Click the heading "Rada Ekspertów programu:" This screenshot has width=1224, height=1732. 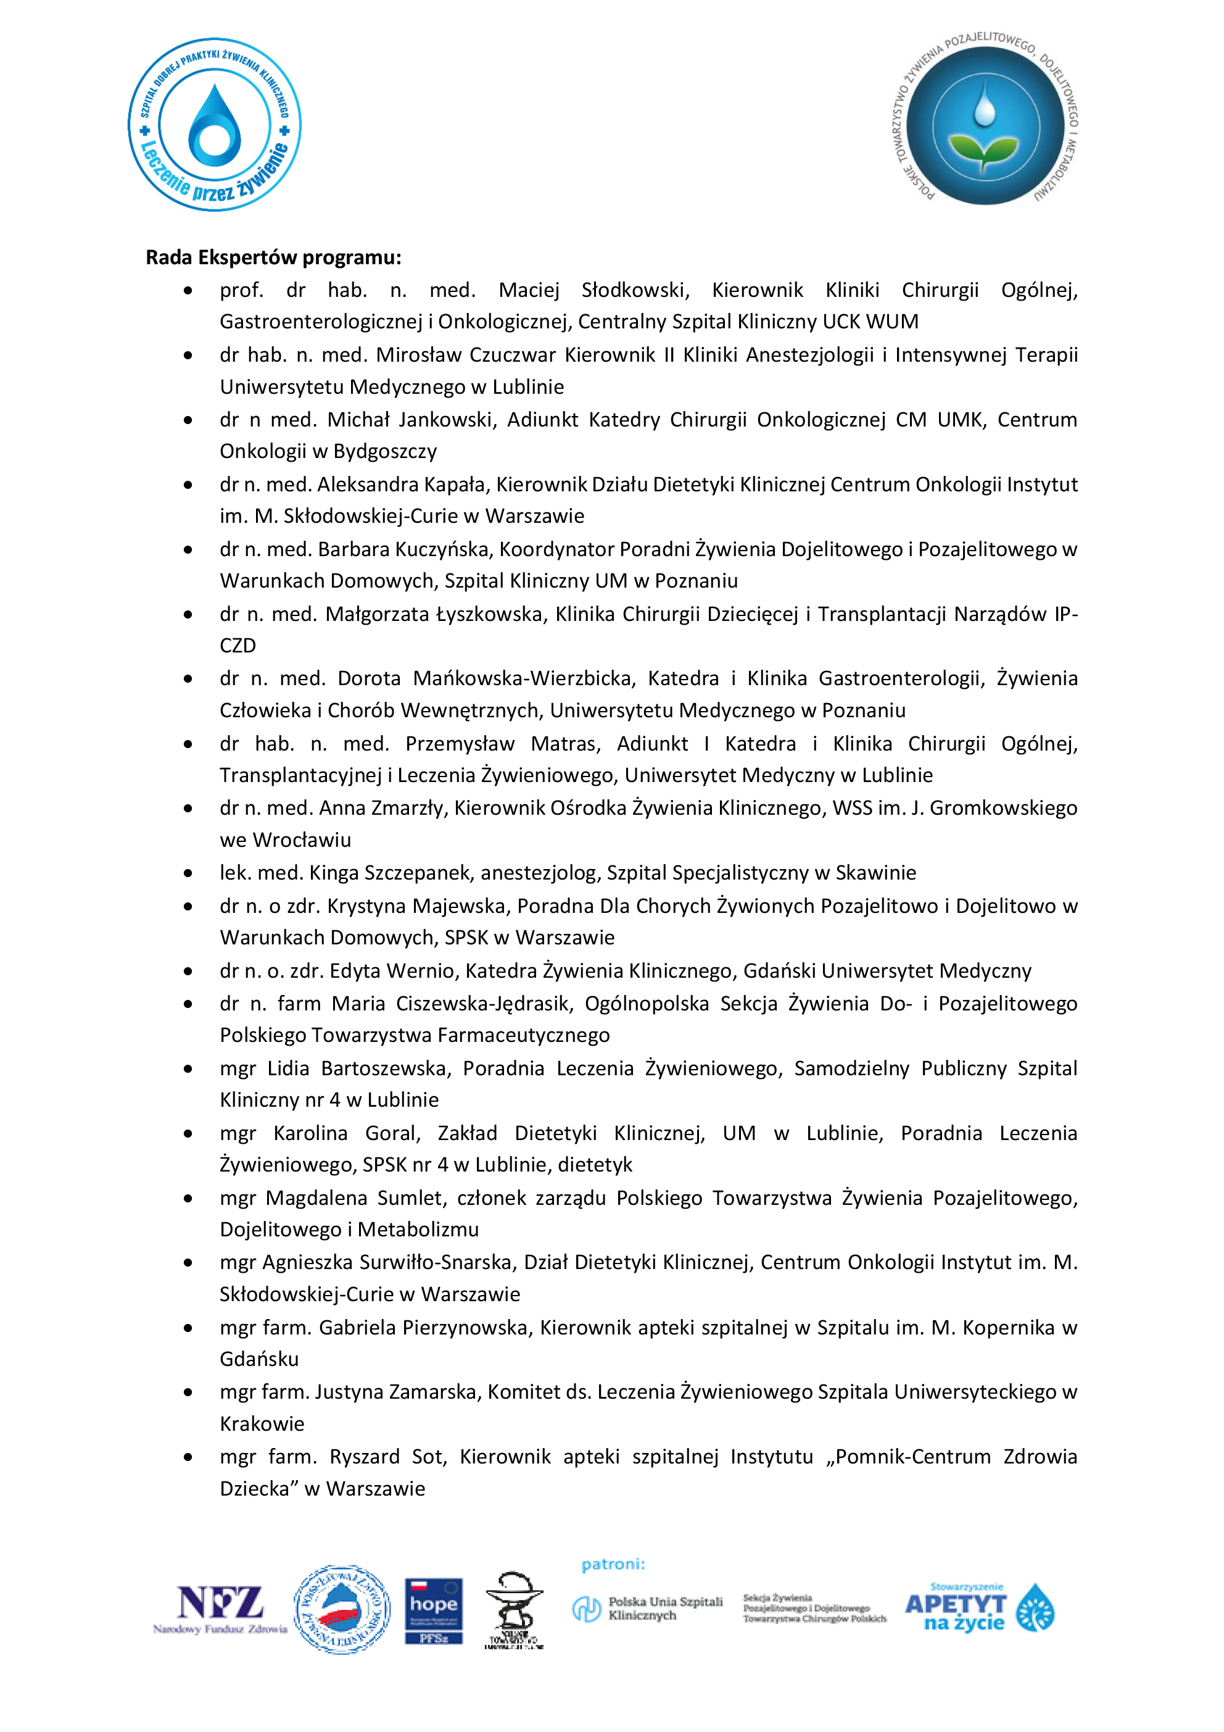pyautogui.click(x=273, y=258)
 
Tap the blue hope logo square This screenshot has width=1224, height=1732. pyautogui.click(x=434, y=1610)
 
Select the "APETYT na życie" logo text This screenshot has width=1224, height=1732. pyautogui.click(x=955, y=1613)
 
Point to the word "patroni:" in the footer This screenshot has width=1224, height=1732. pyautogui.click(x=613, y=1565)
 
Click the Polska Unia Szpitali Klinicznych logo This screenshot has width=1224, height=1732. pyautogui.click(x=647, y=1609)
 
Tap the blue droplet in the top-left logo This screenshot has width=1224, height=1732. pyautogui.click(x=215, y=125)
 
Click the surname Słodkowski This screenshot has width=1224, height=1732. pyautogui.click(x=634, y=291)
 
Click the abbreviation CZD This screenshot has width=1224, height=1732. pyautogui.click(x=238, y=646)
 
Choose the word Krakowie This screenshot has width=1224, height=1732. pyautogui.click(x=262, y=1424)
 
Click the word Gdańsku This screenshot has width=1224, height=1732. pyautogui.click(x=258, y=1359)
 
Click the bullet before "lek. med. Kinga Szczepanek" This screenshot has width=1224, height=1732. pyautogui.click(x=188, y=873)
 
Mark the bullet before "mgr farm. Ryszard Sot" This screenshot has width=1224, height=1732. pyautogui.click(x=188, y=1457)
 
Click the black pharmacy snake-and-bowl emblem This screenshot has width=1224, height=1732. pyautogui.click(x=513, y=1610)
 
